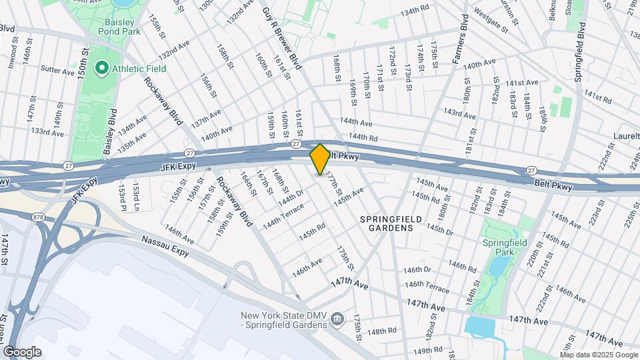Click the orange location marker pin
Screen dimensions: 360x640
pos(320,159)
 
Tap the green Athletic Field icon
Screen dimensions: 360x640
pos(102,68)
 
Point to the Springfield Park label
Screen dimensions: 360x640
pos(505,247)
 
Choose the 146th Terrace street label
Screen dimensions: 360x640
pos(427,287)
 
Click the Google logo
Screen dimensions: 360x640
pos(22,351)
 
